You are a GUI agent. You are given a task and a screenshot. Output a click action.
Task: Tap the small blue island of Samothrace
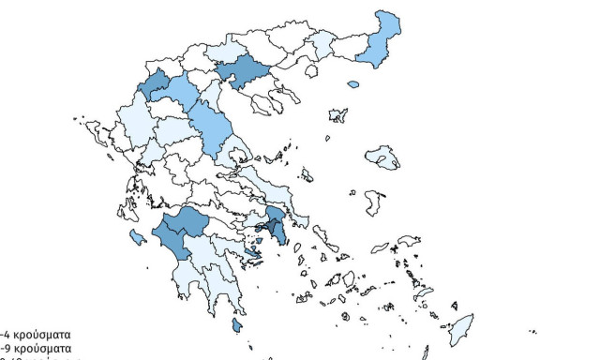point(353,84)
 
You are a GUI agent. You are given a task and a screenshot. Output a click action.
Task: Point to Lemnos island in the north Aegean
point(336,115)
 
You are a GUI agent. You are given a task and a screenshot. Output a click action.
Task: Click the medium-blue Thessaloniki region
point(242,71)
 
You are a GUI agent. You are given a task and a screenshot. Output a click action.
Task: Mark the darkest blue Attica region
point(275,223)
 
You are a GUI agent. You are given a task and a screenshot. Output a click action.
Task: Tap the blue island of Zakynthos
point(136,235)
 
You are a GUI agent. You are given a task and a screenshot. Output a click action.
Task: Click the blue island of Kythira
point(237,326)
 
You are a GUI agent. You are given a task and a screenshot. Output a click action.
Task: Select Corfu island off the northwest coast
point(95,132)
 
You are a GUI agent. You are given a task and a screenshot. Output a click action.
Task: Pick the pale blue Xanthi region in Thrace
point(322,44)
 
